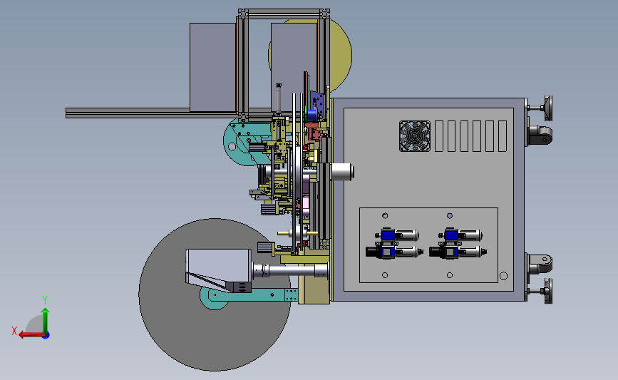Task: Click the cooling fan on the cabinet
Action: [x=415, y=136]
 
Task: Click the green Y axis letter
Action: [x=45, y=300]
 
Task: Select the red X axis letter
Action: [x=14, y=331]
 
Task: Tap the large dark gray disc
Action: [x=215, y=331]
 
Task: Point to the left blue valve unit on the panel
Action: [x=393, y=243]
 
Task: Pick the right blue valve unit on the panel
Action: [x=458, y=243]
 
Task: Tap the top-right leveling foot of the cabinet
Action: [x=540, y=108]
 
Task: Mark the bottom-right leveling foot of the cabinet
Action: [x=540, y=291]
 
